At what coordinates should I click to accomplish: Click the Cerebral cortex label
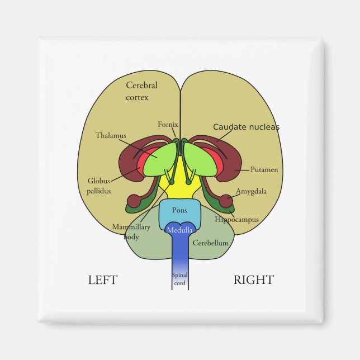point(141,91)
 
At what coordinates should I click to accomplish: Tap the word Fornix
point(168,124)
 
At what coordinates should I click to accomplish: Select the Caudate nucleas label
point(246,127)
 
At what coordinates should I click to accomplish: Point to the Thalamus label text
point(111,135)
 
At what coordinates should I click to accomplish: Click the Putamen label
point(264,169)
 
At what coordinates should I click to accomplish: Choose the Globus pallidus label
point(99,186)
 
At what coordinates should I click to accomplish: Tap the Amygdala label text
point(251,191)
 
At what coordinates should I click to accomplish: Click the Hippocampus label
point(236,220)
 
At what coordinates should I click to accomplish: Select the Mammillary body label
point(131,231)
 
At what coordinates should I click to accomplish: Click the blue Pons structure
point(179,212)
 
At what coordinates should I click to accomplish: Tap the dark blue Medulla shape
point(179,230)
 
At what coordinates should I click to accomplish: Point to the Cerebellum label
point(210,243)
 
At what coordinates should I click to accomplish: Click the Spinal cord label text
point(179,278)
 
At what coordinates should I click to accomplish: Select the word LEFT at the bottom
point(103,280)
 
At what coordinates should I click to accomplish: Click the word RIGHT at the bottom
point(253,280)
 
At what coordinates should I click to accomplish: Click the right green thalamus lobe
point(200,159)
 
